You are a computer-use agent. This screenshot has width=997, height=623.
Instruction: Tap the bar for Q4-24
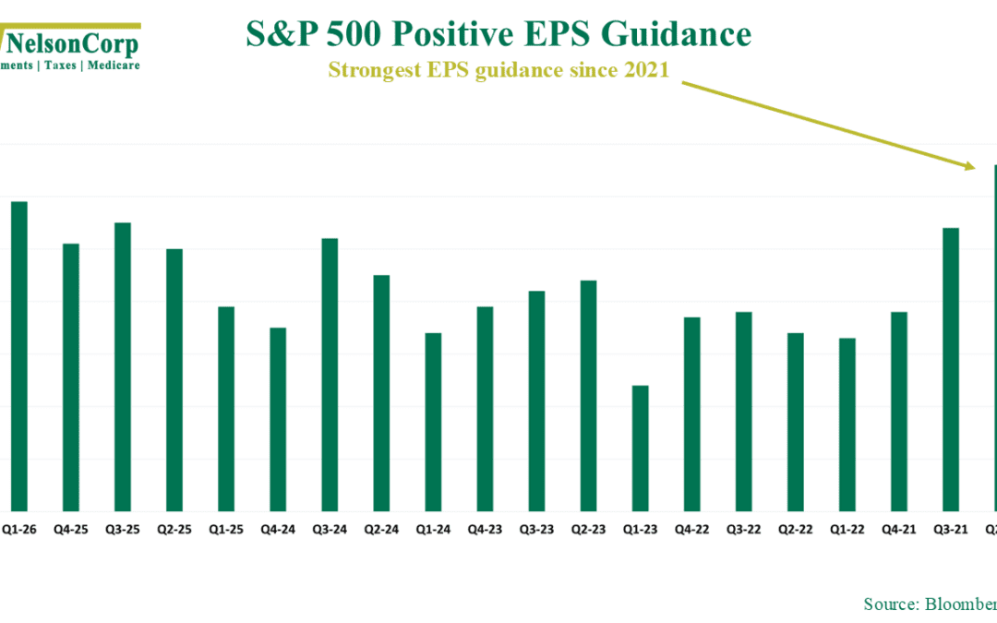coord(277,419)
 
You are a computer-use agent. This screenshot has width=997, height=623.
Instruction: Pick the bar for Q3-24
coord(329,375)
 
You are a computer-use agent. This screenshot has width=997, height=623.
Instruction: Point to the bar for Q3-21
coord(950,369)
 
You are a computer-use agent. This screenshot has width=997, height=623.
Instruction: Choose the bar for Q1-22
coord(847,425)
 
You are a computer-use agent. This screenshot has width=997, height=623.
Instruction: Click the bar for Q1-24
coord(433,422)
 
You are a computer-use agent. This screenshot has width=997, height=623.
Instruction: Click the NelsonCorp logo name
coord(74,42)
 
